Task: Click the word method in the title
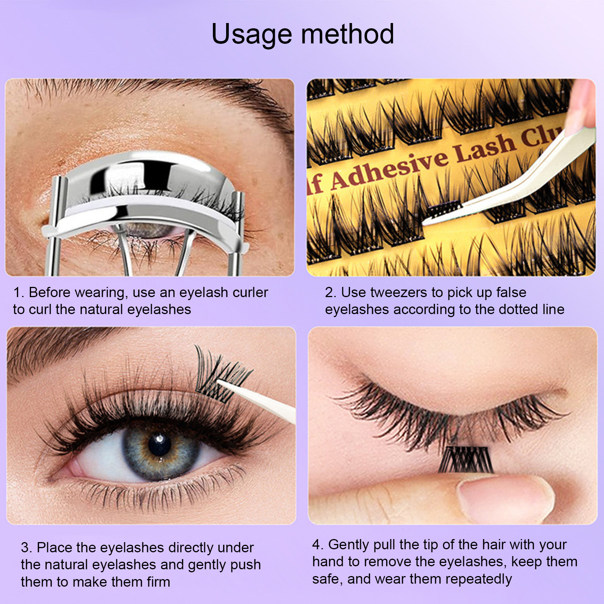click(348, 34)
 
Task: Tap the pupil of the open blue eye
click(160, 445)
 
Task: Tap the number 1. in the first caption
click(19, 293)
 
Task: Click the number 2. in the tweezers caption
click(331, 293)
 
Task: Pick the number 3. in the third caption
click(26, 547)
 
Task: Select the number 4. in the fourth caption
click(318, 545)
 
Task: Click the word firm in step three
click(159, 582)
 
